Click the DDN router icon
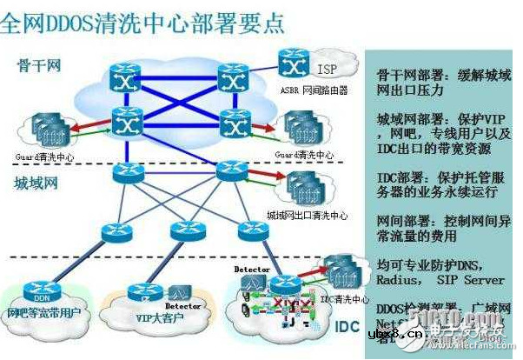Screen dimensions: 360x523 click(43, 290)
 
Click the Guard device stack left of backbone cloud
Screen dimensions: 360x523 click(55, 127)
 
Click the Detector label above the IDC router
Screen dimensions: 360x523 click(252, 270)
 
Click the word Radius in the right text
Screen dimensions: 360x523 click(400, 280)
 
